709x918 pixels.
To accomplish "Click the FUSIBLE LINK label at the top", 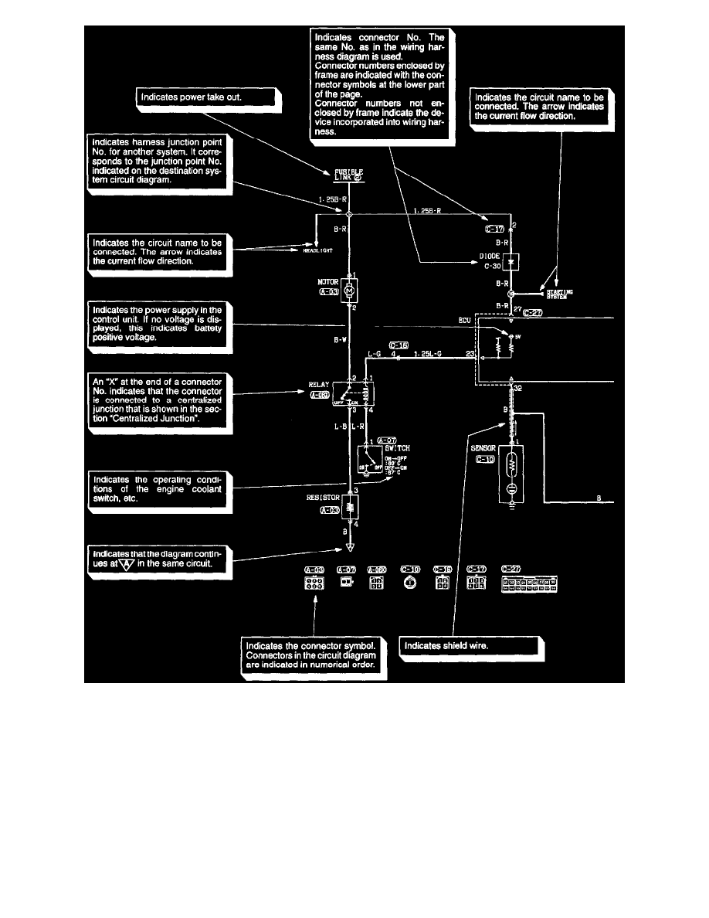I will [x=349, y=173].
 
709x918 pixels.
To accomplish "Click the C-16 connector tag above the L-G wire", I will [x=399, y=345].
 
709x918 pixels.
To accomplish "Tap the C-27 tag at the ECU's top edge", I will [x=533, y=313].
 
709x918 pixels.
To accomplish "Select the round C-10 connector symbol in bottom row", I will [x=409, y=585].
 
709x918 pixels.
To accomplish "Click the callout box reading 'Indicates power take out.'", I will [x=206, y=97].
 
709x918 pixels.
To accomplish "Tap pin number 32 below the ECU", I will [x=517, y=389].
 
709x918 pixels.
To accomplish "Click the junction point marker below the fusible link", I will [x=349, y=214].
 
